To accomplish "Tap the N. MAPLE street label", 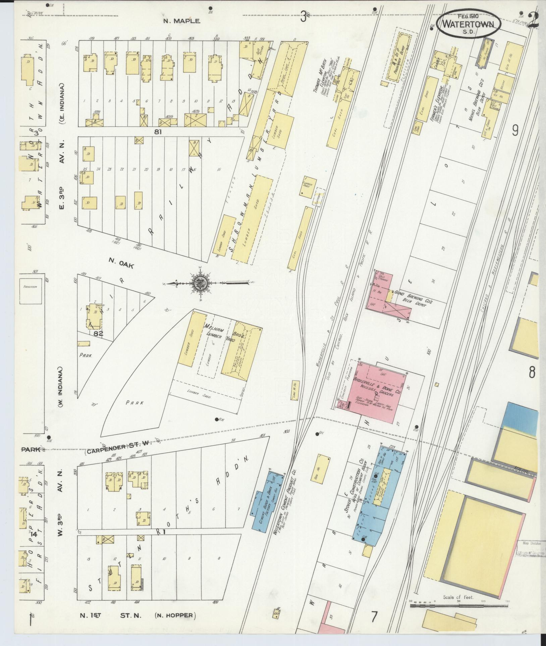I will tap(182, 21).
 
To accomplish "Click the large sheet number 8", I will tap(532, 372).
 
